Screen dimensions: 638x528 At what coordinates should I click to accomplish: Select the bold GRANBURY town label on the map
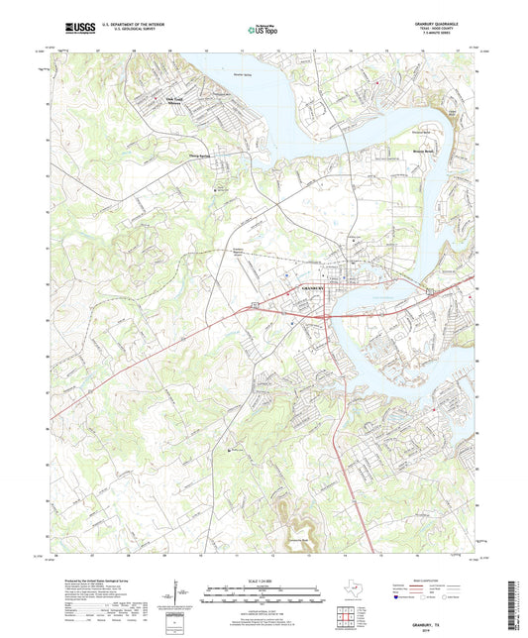314,286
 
